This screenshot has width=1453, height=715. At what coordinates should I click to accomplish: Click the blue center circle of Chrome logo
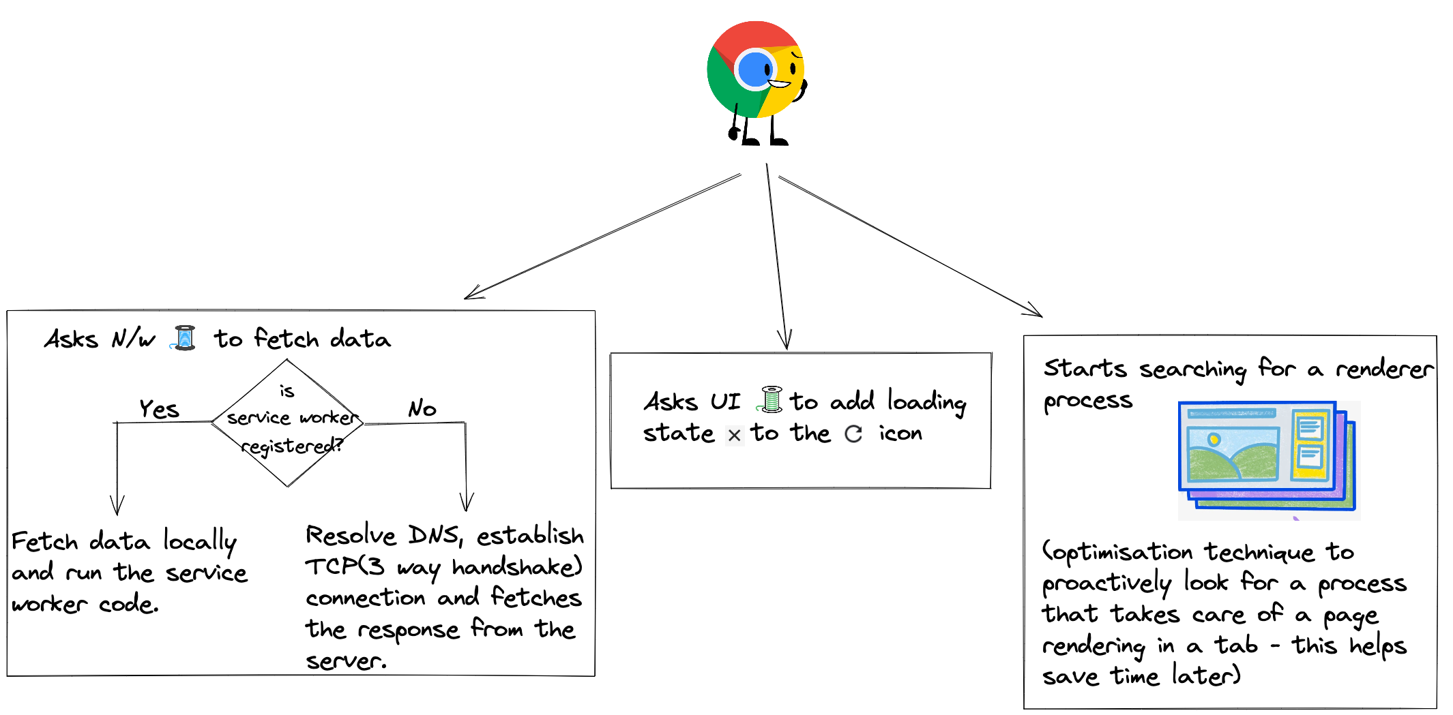(754, 69)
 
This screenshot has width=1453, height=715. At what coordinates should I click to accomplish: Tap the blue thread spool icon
(185, 338)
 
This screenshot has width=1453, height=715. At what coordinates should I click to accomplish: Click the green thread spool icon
(772, 399)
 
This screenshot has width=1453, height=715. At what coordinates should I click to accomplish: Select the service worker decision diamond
(287, 423)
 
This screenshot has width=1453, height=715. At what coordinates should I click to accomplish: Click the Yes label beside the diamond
(159, 409)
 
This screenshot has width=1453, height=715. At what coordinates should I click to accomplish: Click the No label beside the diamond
(422, 409)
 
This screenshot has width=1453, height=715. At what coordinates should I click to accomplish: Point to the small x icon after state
(734, 435)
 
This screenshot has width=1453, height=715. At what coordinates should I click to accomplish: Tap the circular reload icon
(853, 433)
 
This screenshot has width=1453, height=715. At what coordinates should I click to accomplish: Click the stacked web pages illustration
(1267, 457)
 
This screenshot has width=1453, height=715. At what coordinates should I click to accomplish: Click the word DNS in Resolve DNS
(434, 536)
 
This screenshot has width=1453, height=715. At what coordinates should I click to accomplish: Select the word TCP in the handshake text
(331, 566)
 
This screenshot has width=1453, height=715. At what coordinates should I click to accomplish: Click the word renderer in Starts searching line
(1384, 369)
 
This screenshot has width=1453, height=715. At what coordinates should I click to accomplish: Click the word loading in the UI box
(926, 402)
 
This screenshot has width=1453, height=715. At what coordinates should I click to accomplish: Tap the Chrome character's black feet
(764, 141)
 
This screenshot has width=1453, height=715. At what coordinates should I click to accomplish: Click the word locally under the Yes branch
(199, 542)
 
